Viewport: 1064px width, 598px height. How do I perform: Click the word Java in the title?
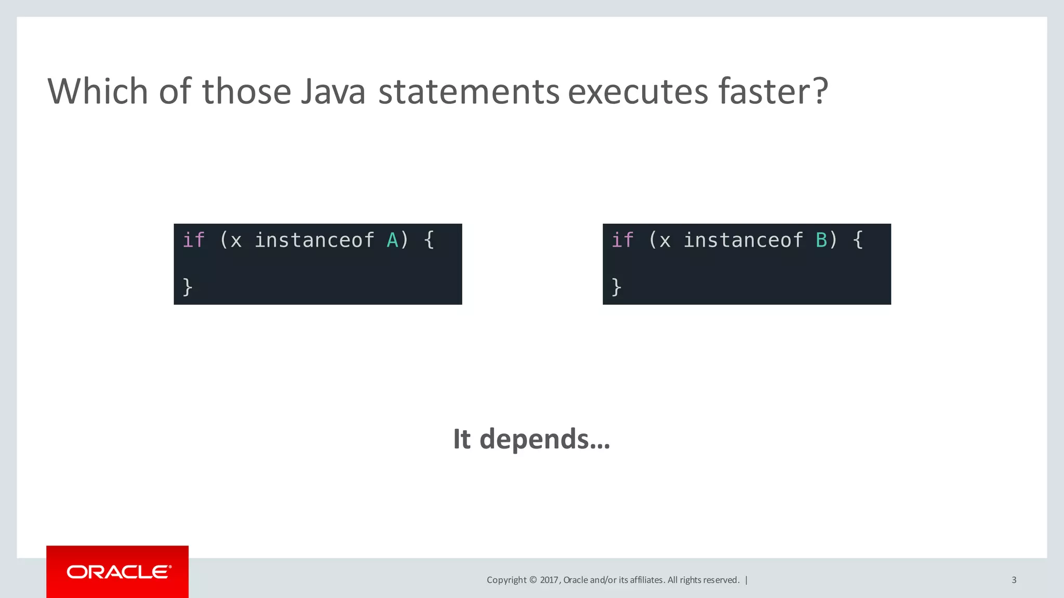333,91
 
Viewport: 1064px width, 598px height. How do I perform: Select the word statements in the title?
469,91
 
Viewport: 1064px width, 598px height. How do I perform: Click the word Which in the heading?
98,91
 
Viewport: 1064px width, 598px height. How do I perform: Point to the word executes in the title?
638,91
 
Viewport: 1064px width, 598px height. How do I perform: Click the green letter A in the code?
392,240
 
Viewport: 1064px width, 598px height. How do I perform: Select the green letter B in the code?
821,240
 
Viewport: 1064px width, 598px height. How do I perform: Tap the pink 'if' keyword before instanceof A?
194,240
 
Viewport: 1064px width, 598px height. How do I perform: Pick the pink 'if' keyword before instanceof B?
622,240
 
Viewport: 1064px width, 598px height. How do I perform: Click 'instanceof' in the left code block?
314,240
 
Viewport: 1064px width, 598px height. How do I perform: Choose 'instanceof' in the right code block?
743,240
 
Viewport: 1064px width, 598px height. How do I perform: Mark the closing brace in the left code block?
188,287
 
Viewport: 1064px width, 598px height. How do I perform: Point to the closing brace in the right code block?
617,287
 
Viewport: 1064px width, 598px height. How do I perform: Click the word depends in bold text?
544,439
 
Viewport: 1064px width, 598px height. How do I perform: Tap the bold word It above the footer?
462,439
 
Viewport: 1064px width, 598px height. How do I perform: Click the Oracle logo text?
119,572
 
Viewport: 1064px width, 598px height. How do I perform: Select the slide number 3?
1014,580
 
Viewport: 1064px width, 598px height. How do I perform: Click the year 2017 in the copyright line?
549,580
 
